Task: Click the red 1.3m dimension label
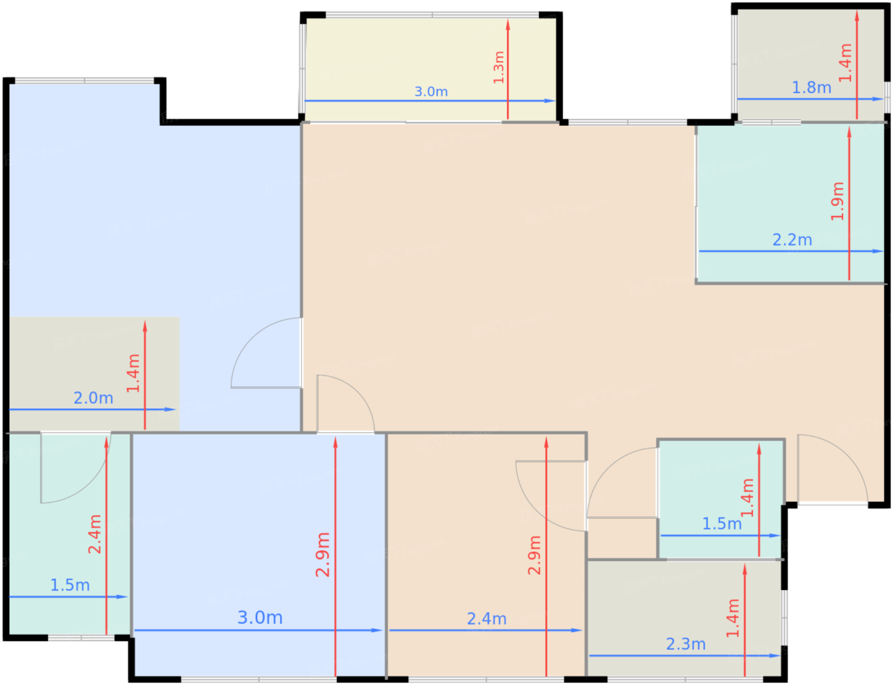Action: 499,68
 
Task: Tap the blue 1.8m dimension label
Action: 811,87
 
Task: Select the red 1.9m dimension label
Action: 837,201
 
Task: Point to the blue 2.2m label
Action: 792,240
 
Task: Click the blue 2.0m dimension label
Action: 93,398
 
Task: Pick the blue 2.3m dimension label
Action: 686,644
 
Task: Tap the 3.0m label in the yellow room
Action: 431,91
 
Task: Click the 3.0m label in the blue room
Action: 260,617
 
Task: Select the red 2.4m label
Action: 94,534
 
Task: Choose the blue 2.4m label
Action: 487,619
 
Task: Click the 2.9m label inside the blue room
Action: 323,554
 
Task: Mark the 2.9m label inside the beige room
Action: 535,555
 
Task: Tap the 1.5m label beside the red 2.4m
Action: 70,585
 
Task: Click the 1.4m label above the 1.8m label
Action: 845,63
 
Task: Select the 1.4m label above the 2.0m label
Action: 133,373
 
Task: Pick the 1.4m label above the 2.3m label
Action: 733,618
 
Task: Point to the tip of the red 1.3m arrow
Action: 508,20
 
